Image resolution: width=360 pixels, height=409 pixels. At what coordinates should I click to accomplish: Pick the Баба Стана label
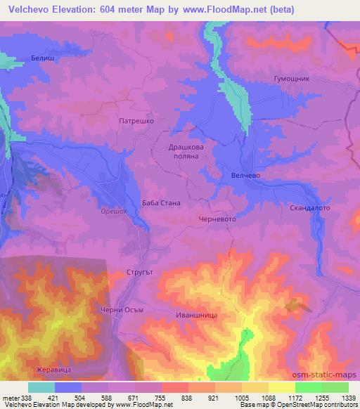161,203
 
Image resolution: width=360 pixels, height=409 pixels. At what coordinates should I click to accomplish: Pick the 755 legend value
161,397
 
